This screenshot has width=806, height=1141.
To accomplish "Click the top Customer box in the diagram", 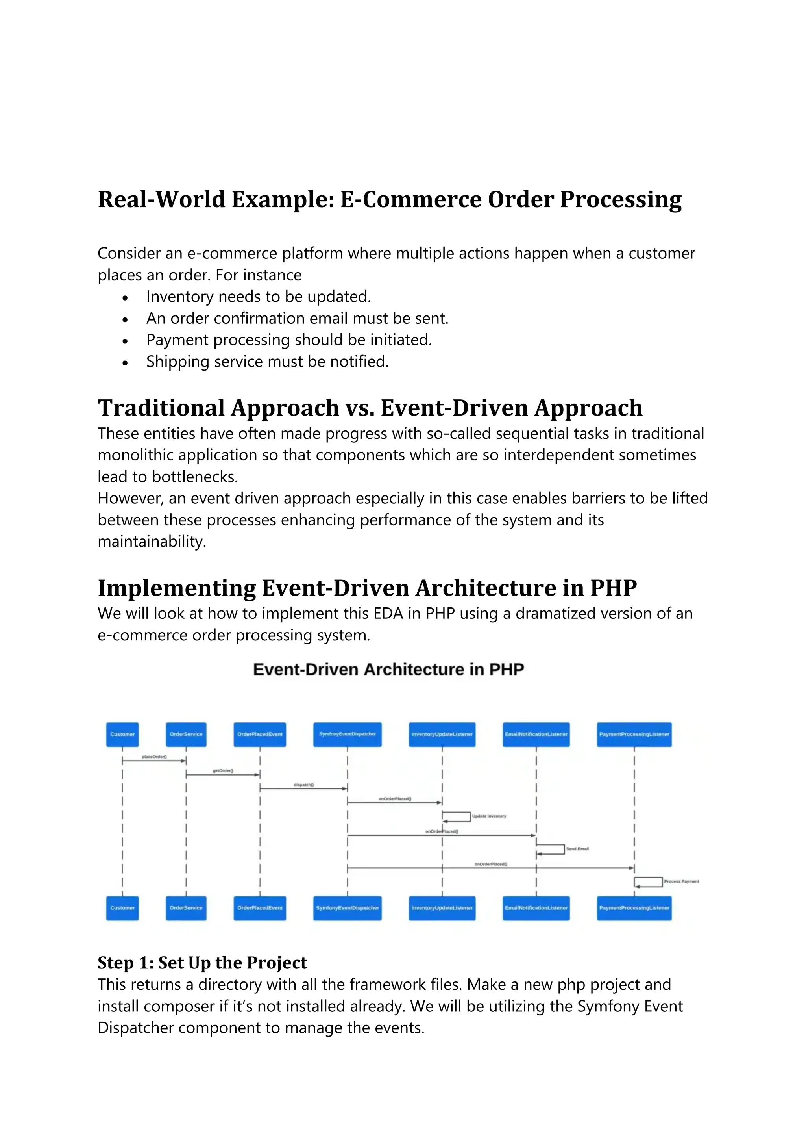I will click(x=122, y=734).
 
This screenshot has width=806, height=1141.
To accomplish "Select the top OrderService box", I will click(x=186, y=734).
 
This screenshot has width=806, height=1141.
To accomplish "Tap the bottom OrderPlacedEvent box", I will click(x=260, y=908).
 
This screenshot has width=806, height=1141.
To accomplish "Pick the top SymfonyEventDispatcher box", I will click(x=347, y=734).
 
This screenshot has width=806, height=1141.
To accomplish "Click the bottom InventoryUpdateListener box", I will click(x=442, y=908).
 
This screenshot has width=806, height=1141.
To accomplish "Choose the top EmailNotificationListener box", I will click(x=536, y=734).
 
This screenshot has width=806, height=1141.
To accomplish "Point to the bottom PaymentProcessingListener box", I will click(x=634, y=908).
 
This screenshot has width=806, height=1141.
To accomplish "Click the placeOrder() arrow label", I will click(x=154, y=757).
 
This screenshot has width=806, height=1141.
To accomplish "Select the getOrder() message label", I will click(x=223, y=771).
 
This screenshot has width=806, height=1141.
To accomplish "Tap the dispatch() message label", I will click(x=303, y=785).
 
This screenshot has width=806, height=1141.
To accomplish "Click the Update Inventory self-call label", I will click(x=489, y=816).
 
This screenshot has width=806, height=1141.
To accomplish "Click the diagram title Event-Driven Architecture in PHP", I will click(x=388, y=670).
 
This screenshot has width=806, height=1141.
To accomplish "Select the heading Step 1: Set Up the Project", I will click(x=202, y=963).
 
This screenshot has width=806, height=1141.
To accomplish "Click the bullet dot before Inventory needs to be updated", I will click(x=125, y=298).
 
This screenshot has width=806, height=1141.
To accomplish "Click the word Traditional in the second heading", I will click(x=161, y=408).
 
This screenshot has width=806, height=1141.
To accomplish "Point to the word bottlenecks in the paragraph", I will click(x=194, y=477).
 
